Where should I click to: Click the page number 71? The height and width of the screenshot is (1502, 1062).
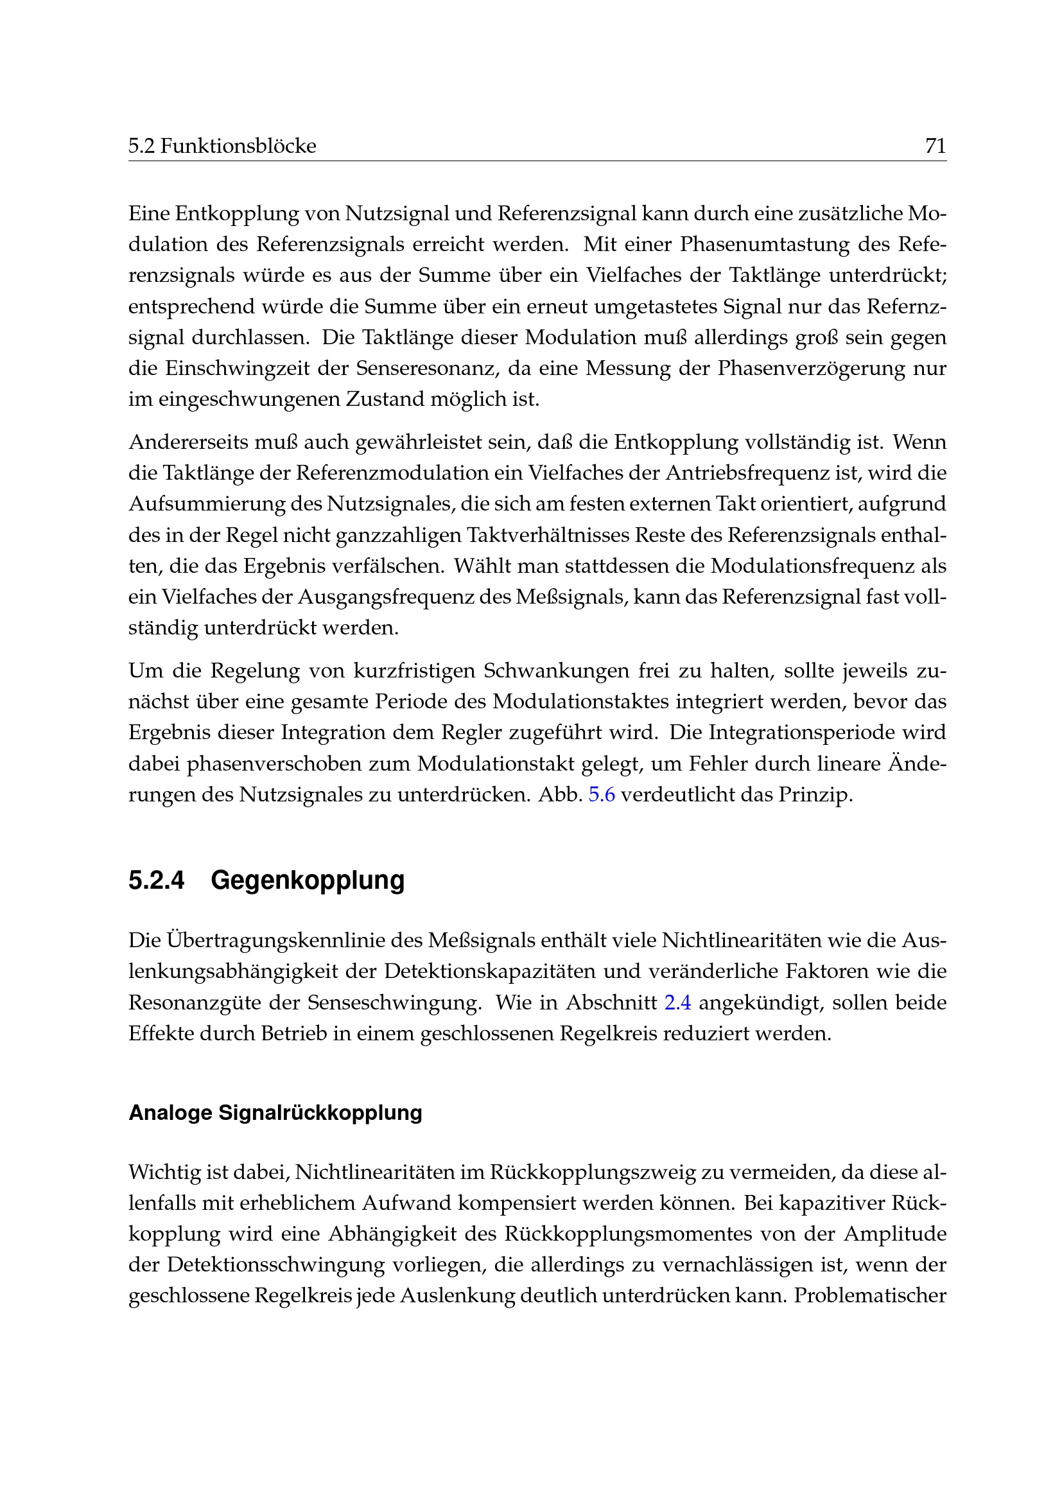(x=935, y=145)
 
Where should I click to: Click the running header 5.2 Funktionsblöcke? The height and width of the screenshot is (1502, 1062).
(x=222, y=145)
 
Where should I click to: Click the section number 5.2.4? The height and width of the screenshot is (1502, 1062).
(x=156, y=880)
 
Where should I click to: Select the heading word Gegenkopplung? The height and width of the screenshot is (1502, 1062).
(x=308, y=880)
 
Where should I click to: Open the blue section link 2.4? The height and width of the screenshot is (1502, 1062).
(x=677, y=1002)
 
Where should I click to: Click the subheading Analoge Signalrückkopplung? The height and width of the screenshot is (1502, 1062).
(x=275, y=1113)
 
